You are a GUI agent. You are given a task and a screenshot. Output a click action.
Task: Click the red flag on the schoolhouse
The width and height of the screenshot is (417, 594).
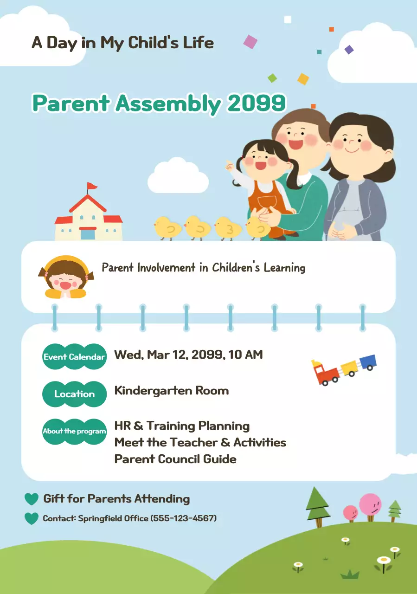click(x=93, y=187)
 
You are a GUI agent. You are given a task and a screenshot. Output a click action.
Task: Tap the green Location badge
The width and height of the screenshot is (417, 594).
click(x=74, y=394)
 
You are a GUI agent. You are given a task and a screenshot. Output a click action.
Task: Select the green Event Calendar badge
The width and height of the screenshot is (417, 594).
click(x=74, y=357)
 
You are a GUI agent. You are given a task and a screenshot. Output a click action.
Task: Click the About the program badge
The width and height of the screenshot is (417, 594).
click(x=74, y=431)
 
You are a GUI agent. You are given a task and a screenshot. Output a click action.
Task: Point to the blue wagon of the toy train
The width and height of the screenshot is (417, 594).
click(x=367, y=362)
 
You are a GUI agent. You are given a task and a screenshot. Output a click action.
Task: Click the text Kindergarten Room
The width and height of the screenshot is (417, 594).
click(x=171, y=390)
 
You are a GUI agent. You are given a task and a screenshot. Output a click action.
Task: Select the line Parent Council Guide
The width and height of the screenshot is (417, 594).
click(x=175, y=459)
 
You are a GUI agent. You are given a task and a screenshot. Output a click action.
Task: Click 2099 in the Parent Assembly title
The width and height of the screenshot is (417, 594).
click(x=256, y=103)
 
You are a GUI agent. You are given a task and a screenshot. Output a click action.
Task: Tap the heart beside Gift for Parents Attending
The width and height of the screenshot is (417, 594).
click(x=32, y=499)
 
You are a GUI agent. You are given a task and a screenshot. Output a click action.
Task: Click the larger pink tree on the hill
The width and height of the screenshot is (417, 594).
click(x=370, y=504)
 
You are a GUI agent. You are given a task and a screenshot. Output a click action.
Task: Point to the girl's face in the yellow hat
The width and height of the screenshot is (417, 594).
click(x=65, y=279)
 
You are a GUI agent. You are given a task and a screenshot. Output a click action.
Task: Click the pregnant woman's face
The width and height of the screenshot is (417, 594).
click(x=353, y=142)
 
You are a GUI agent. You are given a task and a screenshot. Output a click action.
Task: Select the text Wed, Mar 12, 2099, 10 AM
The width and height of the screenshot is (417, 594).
click(x=188, y=355)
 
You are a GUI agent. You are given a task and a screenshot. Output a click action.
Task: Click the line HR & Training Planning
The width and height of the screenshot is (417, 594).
click(x=182, y=426)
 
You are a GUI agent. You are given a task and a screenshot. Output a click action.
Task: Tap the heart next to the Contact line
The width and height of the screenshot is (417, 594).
click(x=32, y=518)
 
